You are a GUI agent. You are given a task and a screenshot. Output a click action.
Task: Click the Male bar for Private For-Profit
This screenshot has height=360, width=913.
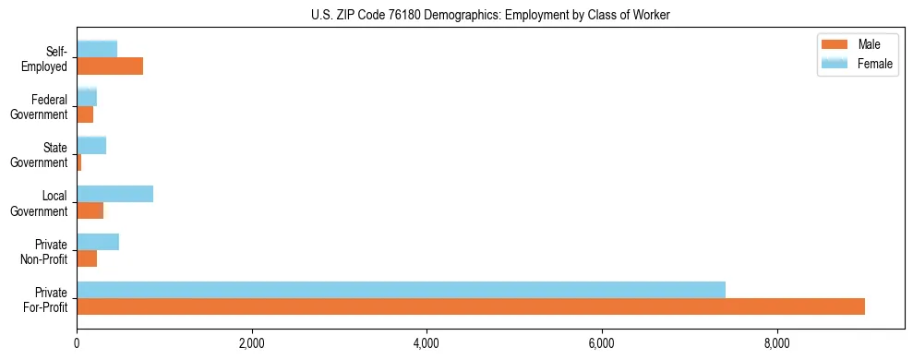[471, 306]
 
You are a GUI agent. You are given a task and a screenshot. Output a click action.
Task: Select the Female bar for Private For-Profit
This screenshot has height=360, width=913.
[401, 290]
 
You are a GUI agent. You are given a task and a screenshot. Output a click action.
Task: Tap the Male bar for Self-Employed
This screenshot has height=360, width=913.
[110, 66]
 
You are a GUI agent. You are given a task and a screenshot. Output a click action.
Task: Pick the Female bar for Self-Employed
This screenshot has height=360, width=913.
[97, 49]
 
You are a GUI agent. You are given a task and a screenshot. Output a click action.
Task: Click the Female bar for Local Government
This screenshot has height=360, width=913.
[114, 194]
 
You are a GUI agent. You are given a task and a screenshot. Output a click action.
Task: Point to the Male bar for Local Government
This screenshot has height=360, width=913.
[90, 210]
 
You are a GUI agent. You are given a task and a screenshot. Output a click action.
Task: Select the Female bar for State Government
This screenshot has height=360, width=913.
[91, 145]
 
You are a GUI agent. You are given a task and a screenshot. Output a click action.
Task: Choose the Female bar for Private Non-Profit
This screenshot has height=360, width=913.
[98, 242]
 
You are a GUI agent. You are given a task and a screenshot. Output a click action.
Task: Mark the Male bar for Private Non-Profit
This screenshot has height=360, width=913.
[87, 258]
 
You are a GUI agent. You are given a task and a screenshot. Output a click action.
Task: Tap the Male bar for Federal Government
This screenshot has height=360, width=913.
[85, 114]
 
